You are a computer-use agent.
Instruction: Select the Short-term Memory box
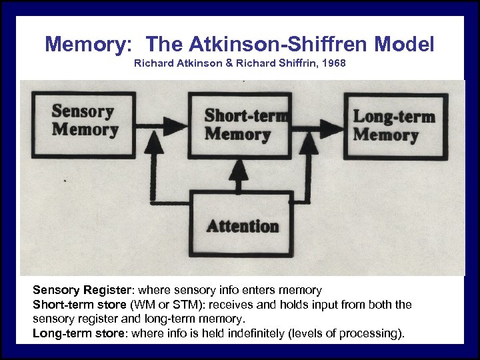[x=239, y=123]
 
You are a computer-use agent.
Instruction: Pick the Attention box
[x=241, y=225]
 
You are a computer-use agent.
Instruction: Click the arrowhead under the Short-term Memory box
[x=238, y=175]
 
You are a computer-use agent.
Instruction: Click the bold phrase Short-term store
[x=79, y=305]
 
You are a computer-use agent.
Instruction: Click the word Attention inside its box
[x=241, y=225]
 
